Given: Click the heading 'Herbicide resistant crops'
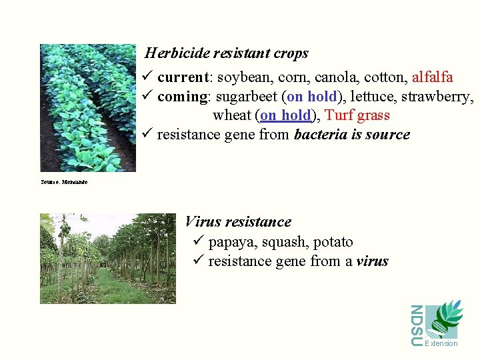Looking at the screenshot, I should tap(227, 53).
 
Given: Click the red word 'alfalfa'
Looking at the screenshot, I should tap(433, 77).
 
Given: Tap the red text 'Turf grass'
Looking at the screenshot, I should tap(357, 115).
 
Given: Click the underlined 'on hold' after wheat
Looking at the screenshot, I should tap(285, 115).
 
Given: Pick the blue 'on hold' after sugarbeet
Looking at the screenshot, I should tap(311, 97).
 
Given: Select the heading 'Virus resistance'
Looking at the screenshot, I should tap(238, 222).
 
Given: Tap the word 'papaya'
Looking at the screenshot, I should tap(231, 242).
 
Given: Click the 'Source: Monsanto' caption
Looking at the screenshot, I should tap(64, 181).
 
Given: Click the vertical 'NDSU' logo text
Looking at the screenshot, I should tap(416, 325).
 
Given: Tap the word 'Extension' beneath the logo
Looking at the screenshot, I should tap(441, 343).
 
